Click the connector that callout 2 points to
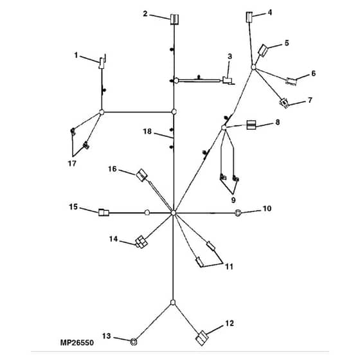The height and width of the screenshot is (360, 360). point(174,19)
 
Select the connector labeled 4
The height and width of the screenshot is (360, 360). point(249,17)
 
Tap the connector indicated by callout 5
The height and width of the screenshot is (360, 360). point(263,51)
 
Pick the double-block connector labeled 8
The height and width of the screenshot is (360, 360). point(251,125)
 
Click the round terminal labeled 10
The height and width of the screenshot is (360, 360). point(238,213)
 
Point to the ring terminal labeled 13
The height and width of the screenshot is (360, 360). point(134,342)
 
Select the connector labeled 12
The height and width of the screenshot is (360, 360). point(202,337)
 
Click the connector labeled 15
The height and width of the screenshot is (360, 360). point(104,213)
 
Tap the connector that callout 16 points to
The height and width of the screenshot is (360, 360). point(141,175)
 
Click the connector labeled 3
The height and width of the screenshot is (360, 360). point(228,80)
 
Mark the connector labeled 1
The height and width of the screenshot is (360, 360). point(102,62)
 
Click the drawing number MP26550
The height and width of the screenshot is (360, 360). point(77,343)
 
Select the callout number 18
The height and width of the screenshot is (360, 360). point(147,131)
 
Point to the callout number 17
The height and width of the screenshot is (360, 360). point(72,163)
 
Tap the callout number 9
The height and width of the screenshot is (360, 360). point(233,200)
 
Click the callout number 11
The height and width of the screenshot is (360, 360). point(229,267)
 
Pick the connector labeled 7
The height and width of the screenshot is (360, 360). point(284,103)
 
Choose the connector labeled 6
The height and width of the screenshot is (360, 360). point(291,81)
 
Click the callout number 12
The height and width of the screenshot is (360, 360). point(230,323)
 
